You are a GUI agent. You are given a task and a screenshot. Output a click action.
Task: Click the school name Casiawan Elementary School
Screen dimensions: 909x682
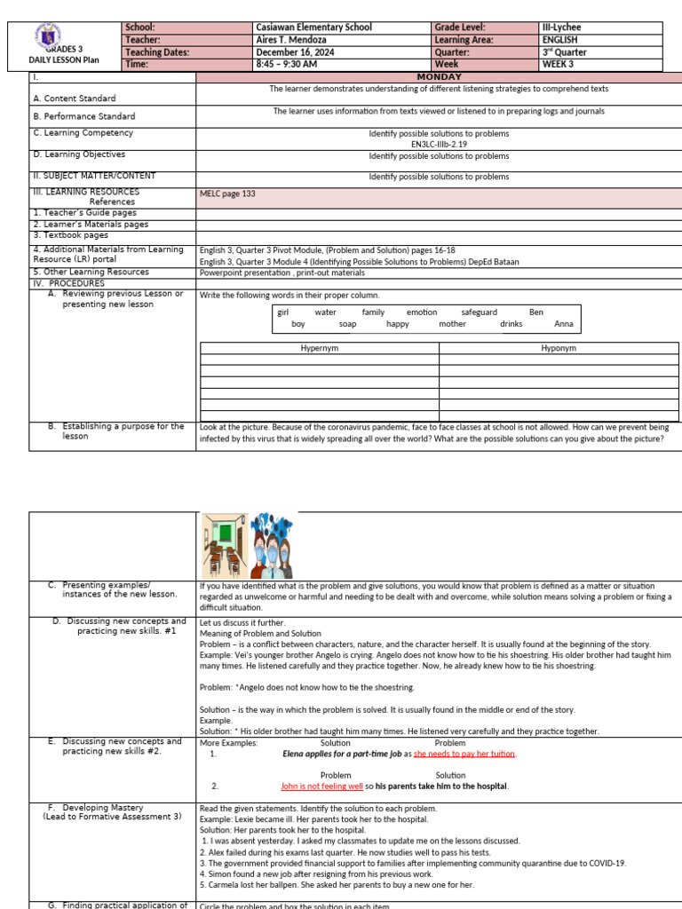tap(313, 28)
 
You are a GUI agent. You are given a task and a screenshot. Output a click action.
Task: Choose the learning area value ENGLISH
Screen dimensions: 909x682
tap(561, 40)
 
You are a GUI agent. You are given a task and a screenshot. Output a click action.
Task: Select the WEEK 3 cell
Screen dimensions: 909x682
tap(558, 65)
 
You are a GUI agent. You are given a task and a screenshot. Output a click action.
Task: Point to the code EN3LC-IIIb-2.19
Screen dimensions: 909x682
tap(440, 143)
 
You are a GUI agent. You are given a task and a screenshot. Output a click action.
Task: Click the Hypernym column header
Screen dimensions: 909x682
tap(320, 349)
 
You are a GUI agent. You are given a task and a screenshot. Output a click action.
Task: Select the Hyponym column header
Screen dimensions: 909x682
tap(559, 349)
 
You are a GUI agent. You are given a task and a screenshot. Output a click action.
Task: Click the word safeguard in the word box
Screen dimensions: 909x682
tap(479, 312)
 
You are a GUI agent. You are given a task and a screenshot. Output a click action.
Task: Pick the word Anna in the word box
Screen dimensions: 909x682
tap(563, 324)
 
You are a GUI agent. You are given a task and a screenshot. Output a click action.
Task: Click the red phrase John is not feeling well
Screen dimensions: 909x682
tap(321, 786)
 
